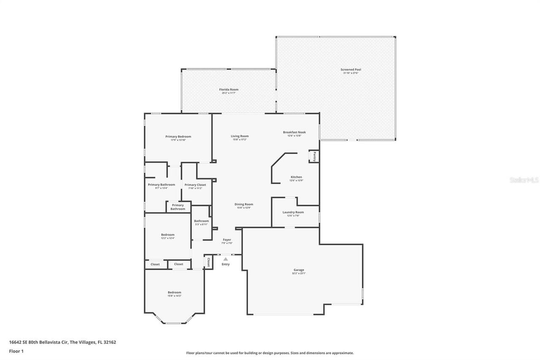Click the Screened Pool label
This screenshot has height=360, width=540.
pos(351,70)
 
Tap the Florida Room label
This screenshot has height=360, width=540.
pos(229,89)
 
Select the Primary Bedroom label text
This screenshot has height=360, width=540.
pos(178,136)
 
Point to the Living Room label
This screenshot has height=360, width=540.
pos(240,136)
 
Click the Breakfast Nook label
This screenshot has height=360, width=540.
pos(294,132)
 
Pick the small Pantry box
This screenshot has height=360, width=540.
pos(314,157)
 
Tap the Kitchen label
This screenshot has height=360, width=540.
pos(296,177)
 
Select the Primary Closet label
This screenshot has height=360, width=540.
pos(195,185)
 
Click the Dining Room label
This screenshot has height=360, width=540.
pos(244,204)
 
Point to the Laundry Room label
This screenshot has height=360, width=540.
pos(293,212)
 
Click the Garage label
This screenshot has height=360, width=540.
pos(299,270)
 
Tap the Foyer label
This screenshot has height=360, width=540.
pos(227,240)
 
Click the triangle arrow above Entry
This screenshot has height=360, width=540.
pos(226,259)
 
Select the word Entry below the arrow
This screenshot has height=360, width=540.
pos(226,264)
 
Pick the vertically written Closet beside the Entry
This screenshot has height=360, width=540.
pos(208,262)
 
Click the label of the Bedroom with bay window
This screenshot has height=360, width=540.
pos(174,292)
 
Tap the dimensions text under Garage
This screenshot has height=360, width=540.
pos(299,273)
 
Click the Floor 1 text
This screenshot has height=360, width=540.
pos(16,351)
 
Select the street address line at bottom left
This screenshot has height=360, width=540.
pos(62,342)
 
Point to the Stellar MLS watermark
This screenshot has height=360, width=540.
pos(524,180)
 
